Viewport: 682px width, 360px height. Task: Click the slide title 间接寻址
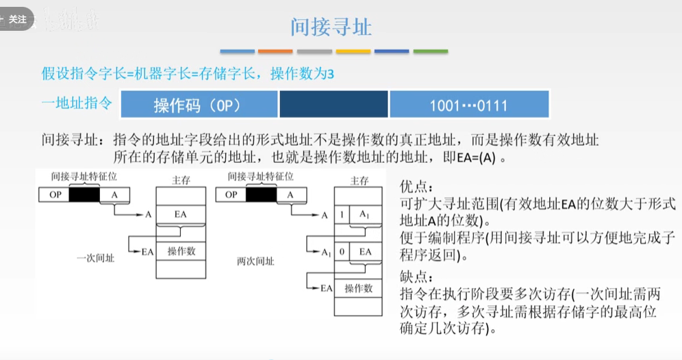pyautogui.click(x=331, y=27)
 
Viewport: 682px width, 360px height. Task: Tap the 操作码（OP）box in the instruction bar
pyautogui.click(x=199, y=105)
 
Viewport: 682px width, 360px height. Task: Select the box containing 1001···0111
pyautogui.click(x=469, y=105)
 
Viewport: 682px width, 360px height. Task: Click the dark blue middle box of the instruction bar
pyautogui.click(x=333, y=105)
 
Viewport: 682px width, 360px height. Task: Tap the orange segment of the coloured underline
pyautogui.click(x=275, y=51)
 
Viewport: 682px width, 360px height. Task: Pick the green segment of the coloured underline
pyautogui.click(x=431, y=51)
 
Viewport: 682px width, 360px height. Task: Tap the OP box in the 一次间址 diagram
pyautogui.click(x=54, y=195)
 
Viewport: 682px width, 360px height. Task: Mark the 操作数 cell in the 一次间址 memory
pyautogui.click(x=181, y=251)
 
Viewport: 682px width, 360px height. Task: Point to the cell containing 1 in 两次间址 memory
pyautogui.click(x=342, y=214)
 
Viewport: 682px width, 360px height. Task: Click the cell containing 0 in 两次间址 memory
pyautogui.click(x=342, y=252)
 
